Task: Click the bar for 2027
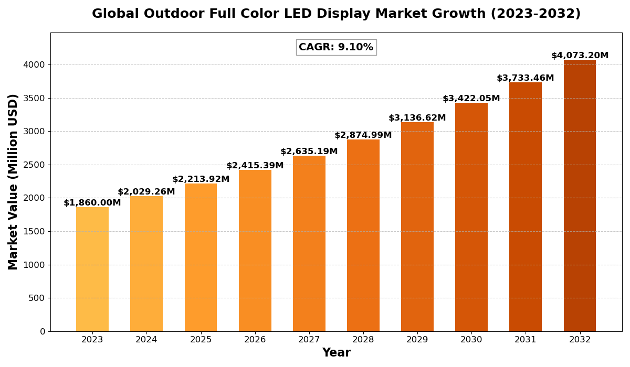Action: click(x=309, y=243)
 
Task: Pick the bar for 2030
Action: click(x=471, y=217)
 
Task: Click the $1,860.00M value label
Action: click(x=92, y=203)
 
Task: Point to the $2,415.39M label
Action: click(x=255, y=166)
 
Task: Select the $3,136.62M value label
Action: click(x=417, y=118)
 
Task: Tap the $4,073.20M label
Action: click(x=580, y=56)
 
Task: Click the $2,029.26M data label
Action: click(x=146, y=192)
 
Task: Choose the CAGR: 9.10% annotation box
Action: click(x=336, y=47)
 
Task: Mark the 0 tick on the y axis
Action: click(x=43, y=331)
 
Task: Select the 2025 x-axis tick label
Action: click(x=201, y=340)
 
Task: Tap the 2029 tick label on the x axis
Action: click(x=417, y=340)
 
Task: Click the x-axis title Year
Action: click(x=336, y=353)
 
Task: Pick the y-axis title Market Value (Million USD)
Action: click(x=13, y=181)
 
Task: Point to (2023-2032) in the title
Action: click(x=535, y=14)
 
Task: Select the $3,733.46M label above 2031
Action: click(x=525, y=78)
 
